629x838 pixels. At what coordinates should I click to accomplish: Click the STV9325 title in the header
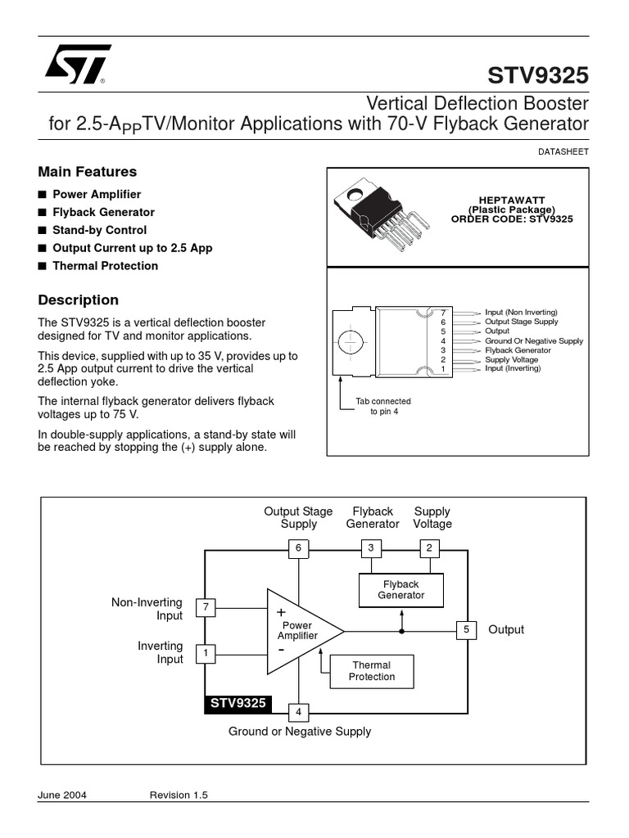click(538, 75)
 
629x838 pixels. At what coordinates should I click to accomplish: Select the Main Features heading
click(88, 172)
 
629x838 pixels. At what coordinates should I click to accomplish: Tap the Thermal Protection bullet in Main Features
click(105, 266)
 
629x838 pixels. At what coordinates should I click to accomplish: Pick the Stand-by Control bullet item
click(99, 230)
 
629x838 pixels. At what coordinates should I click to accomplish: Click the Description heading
click(79, 300)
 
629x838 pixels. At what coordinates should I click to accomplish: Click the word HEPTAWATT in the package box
click(512, 200)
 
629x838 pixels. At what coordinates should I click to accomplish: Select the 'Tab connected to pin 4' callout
click(382, 407)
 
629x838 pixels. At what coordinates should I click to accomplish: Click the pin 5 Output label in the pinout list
click(496, 331)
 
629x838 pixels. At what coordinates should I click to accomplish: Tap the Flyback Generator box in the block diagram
click(401, 590)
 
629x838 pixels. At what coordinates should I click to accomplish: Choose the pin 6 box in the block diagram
click(298, 547)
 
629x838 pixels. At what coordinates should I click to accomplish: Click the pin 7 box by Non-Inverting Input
click(206, 607)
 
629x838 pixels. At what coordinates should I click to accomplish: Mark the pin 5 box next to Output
click(466, 629)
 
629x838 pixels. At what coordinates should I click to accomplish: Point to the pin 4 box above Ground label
click(298, 712)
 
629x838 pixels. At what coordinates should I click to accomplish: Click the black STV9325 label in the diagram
click(238, 704)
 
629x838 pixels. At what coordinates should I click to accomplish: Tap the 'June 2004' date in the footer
click(62, 795)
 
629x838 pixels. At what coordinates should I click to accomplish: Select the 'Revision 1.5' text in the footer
click(181, 795)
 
